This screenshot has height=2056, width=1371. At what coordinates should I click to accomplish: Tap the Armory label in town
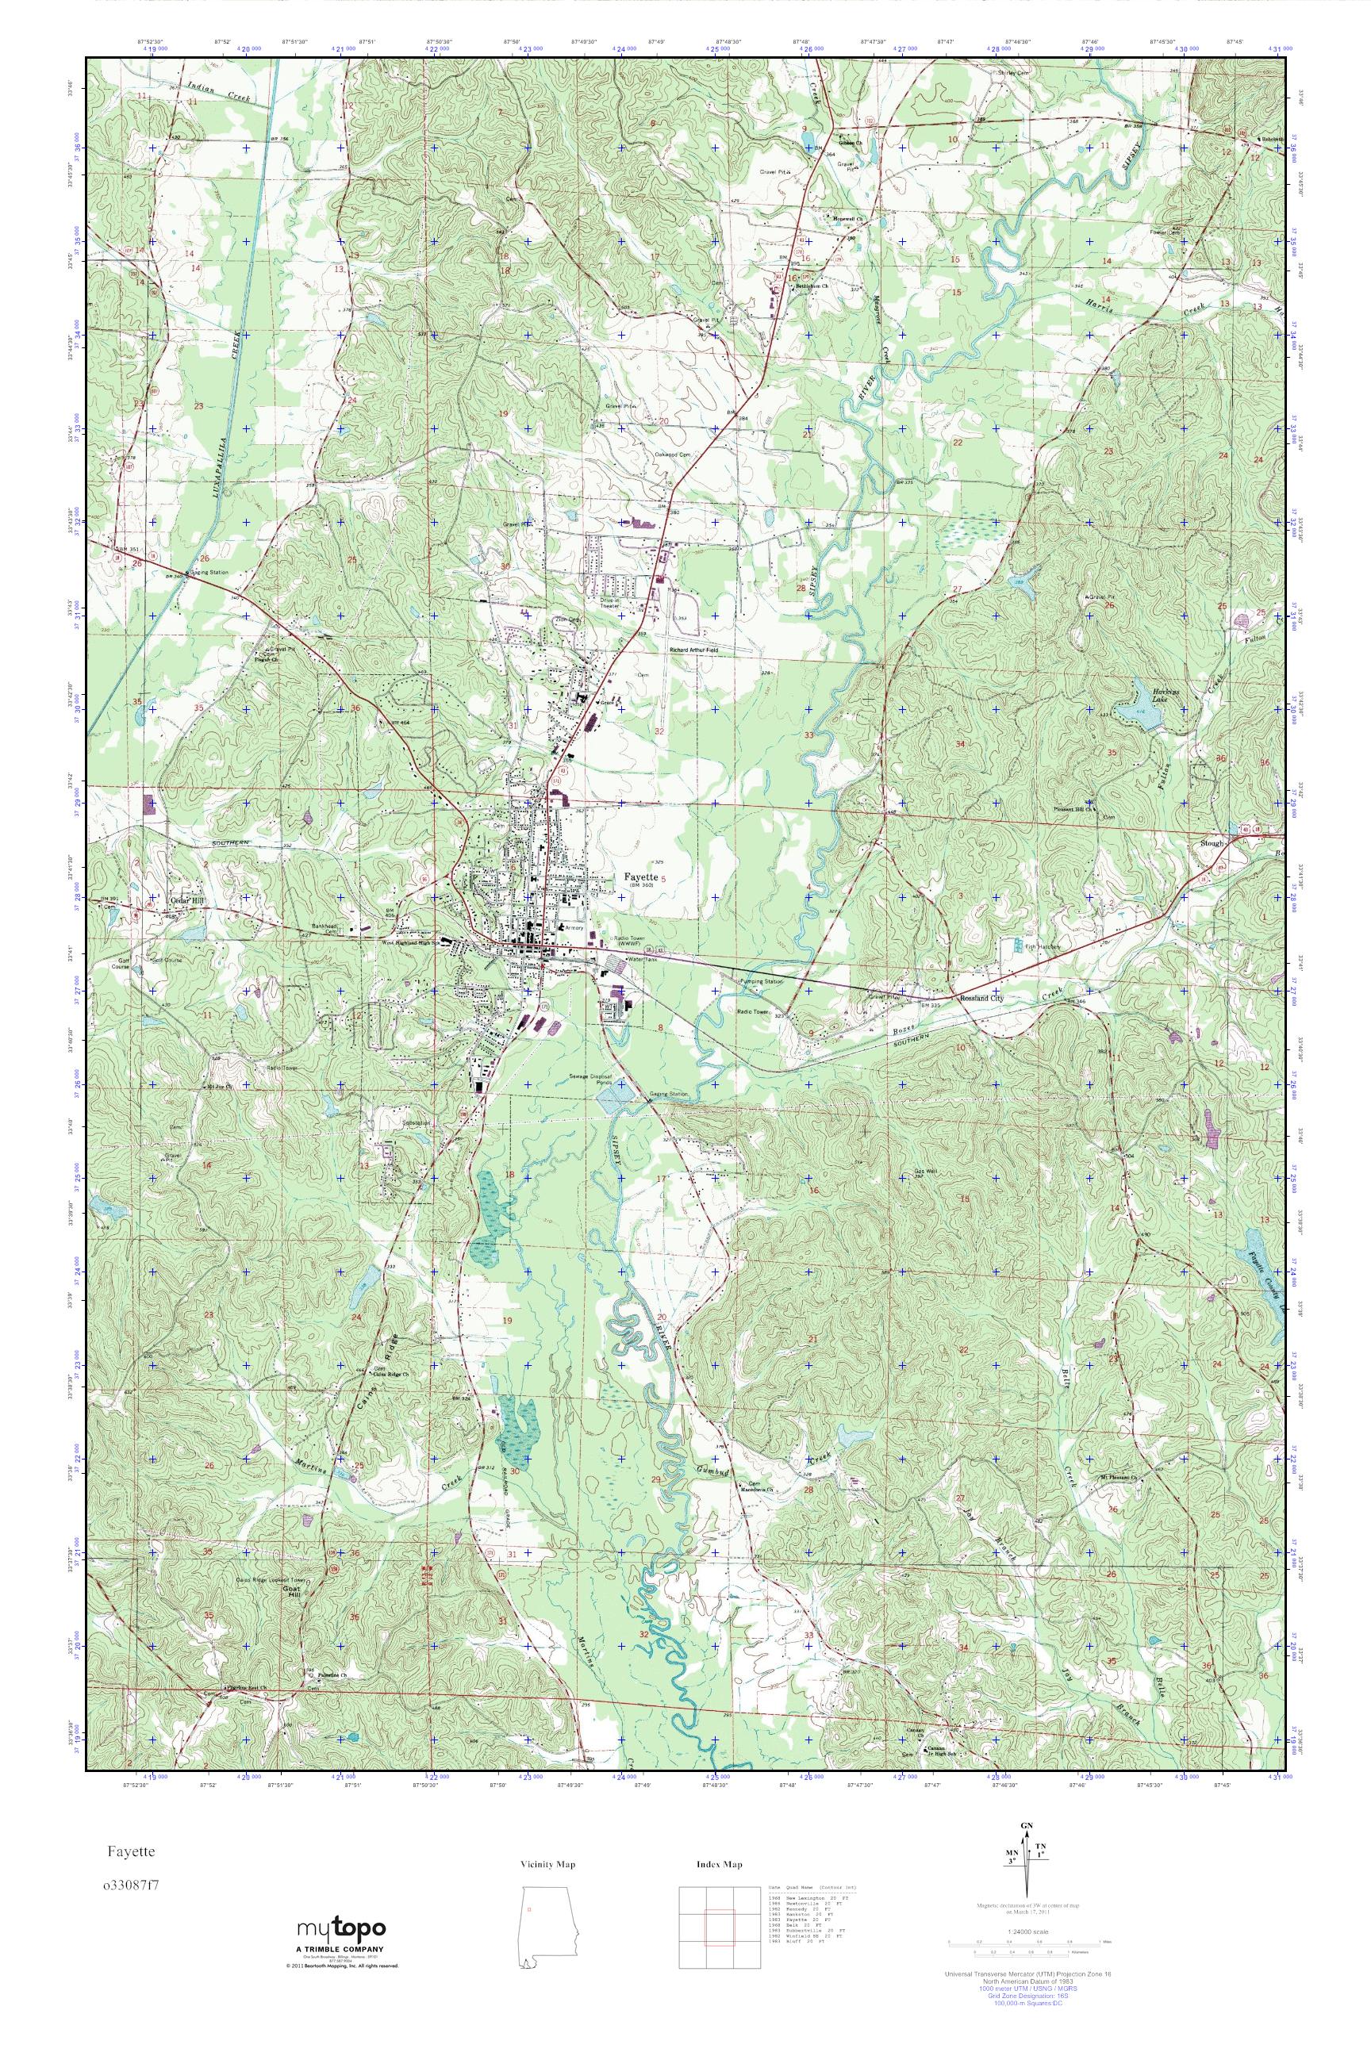[x=574, y=927]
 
